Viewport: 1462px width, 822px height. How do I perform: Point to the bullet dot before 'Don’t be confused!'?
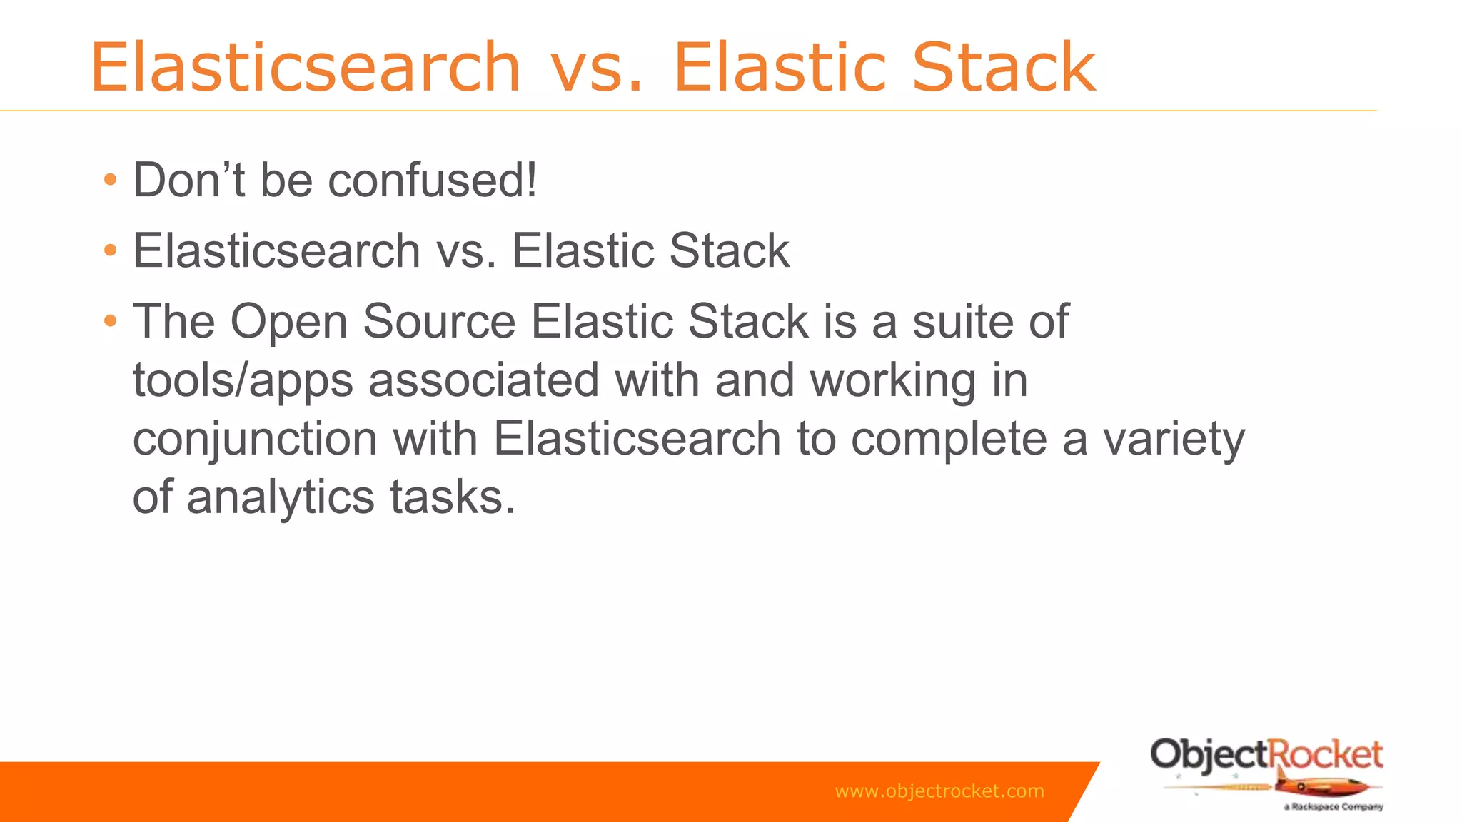coord(109,180)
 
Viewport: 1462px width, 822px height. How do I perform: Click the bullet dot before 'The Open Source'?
coord(109,321)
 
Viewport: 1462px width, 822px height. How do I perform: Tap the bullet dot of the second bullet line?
coord(109,250)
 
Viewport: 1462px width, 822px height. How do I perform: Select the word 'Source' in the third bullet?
coord(439,321)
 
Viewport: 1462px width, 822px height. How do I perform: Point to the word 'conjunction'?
coord(255,440)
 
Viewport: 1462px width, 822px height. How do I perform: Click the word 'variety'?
coord(1174,440)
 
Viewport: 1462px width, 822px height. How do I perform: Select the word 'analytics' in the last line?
coord(280,498)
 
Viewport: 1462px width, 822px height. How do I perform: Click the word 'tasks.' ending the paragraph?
coord(452,497)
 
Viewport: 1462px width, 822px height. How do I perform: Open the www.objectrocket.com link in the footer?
coord(939,791)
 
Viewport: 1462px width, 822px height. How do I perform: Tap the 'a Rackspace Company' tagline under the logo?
coord(1333,807)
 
